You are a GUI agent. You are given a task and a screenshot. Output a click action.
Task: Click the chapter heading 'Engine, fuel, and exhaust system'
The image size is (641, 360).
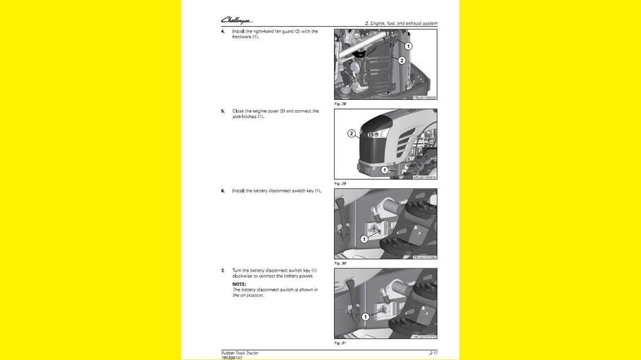(x=401, y=23)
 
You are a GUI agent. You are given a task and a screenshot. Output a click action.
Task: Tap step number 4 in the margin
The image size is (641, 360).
(x=222, y=31)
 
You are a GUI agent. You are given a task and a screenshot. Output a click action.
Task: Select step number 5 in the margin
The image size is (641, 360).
(x=222, y=111)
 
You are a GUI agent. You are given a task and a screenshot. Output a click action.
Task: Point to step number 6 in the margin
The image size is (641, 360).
(x=222, y=191)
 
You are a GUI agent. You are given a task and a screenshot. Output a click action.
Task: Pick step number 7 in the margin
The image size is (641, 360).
(x=222, y=271)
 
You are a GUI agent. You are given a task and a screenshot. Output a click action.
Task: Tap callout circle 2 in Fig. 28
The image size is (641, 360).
(x=402, y=60)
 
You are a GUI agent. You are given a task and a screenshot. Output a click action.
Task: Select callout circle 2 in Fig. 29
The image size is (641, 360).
(x=351, y=134)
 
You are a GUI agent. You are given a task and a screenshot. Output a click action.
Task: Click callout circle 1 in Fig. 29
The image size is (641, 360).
(x=385, y=170)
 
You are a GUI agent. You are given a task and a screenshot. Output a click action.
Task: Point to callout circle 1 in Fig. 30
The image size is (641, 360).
(x=364, y=239)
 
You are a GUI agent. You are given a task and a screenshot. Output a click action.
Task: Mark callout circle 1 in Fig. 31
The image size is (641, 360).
(x=365, y=316)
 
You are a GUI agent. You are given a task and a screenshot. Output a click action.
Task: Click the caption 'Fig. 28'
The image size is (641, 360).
(x=340, y=103)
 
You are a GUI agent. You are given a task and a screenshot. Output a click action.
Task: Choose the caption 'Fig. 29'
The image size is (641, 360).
(x=340, y=183)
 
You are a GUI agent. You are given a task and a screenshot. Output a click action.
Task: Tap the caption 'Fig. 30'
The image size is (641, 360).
(x=340, y=263)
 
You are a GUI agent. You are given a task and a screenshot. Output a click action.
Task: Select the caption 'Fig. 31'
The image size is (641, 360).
(x=340, y=343)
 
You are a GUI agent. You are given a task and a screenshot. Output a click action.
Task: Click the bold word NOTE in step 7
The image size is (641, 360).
(x=239, y=284)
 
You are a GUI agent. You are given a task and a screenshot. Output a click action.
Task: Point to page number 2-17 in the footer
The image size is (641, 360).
(x=433, y=352)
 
